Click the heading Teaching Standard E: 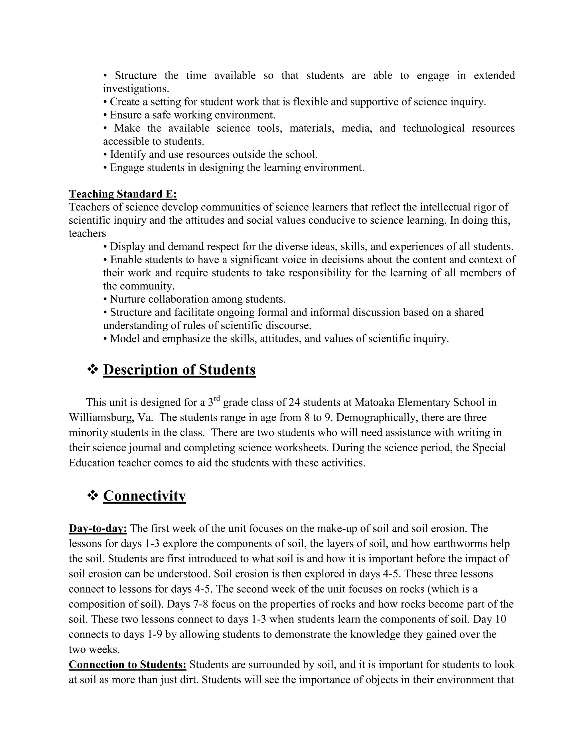[123, 194]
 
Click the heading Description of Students [179, 370]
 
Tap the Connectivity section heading [144, 495]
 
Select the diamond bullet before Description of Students [92, 370]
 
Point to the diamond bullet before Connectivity [92, 495]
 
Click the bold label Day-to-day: [98, 528]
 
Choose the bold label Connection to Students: [127, 664]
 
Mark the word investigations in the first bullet [136, 89]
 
